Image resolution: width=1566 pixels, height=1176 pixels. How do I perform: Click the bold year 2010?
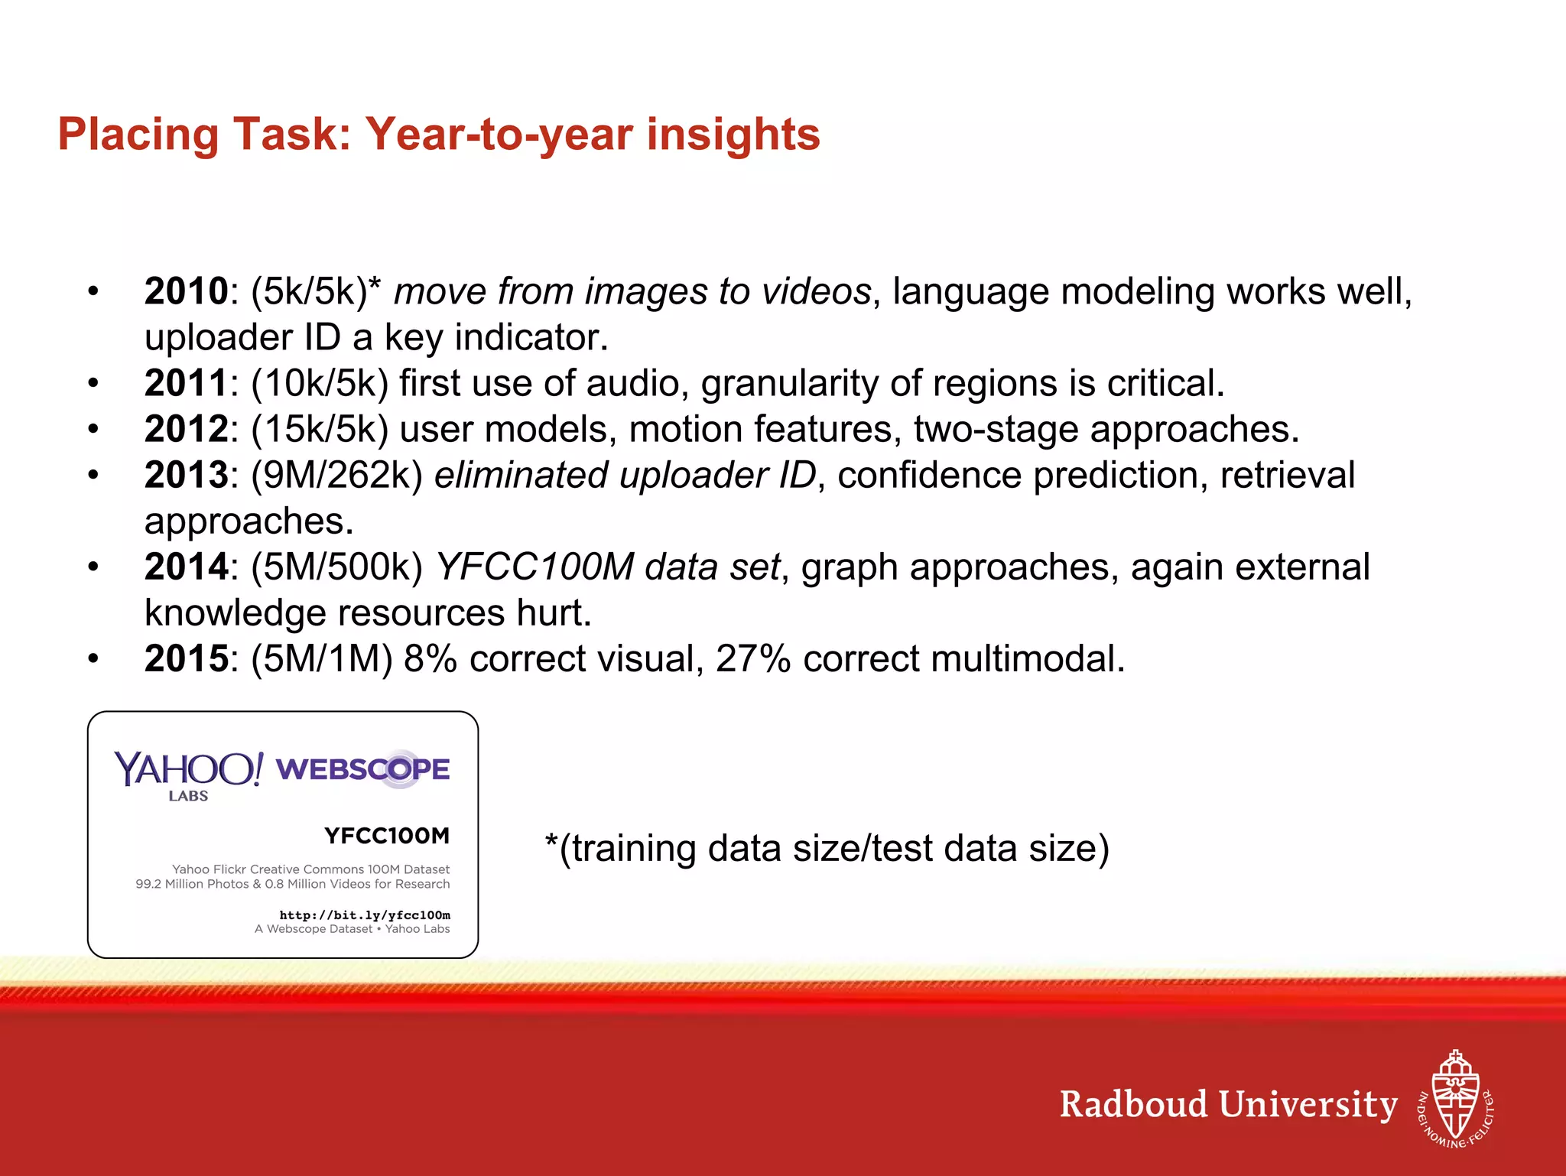(x=186, y=291)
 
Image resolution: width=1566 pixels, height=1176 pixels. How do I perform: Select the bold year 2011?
(x=186, y=383)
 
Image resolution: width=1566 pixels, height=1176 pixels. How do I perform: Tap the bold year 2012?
(x=186, y=429)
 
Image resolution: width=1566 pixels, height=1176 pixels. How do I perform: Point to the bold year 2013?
(x=186, y=475)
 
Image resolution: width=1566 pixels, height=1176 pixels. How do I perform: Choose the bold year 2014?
(x=186, y=567)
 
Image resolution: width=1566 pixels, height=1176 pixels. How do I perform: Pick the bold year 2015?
(x=186, y=658)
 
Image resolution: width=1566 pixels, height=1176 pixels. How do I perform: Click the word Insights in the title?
(x=733, y=135)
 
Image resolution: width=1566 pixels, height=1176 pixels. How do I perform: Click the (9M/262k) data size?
(x=337, y=475)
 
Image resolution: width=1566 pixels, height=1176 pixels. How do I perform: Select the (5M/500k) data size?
(x=337, y=567)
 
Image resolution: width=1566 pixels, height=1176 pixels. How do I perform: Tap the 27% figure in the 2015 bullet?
(x=752, y=658)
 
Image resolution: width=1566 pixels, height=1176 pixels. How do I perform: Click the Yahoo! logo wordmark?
(x=189, y=769)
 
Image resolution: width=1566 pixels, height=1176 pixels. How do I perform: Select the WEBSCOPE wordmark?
(x=362, y=769)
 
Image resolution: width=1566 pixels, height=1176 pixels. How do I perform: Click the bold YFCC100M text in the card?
(x=387, y=836)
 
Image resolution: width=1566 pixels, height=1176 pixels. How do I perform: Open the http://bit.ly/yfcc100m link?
(x=365, y=914)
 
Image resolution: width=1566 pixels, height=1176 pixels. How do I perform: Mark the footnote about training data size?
(x=827, y=848)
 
